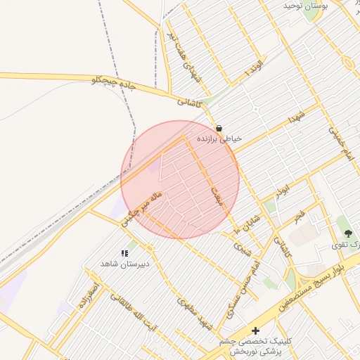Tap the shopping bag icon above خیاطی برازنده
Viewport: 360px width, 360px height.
pyautogui.click(x=219, y=129)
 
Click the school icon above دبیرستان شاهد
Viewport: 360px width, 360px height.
pyautogui.click(x=124, y=253)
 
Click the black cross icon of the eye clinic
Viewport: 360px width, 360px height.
pyautogui.click(x=255, y=330)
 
